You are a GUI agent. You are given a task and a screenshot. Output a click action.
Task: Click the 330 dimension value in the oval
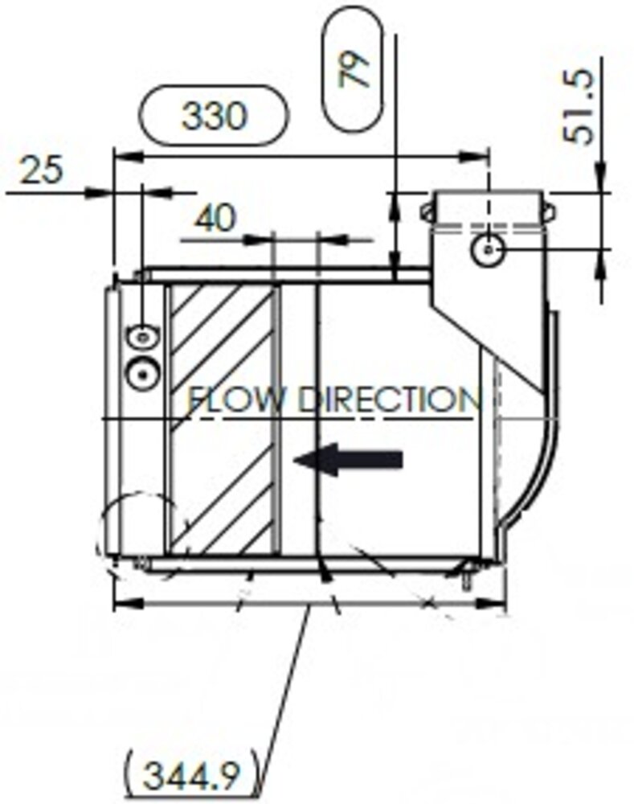tap(213, 117)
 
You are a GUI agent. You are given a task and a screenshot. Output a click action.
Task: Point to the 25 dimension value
tap(39, 170)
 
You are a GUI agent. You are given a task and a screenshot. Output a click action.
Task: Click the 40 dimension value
tap(215, 218)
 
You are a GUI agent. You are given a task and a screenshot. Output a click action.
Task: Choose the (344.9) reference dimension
tap(191, 776)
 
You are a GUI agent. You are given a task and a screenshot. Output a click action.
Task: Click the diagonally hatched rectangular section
tap(223, 420)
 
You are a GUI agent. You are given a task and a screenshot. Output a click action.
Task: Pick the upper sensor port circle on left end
tap(142, 337)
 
